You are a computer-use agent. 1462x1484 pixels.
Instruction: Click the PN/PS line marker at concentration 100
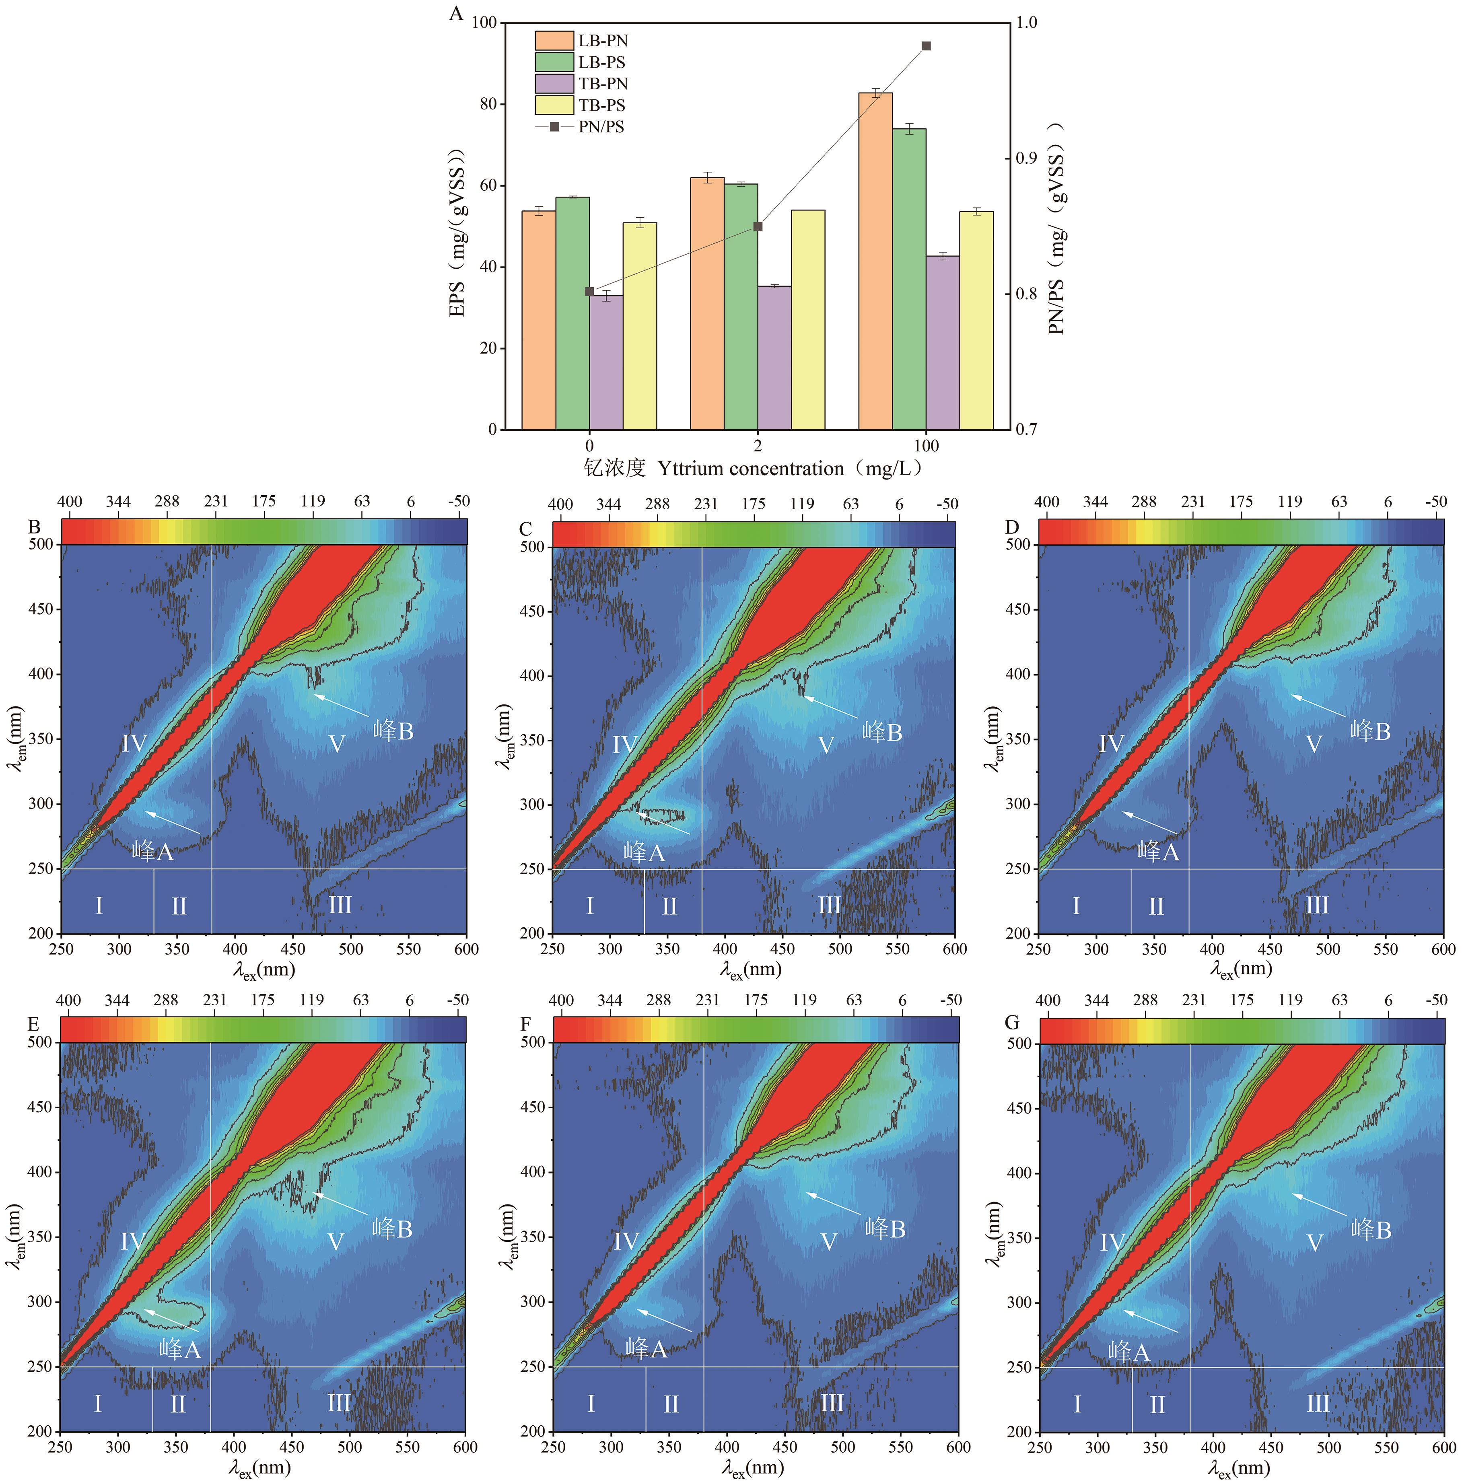click(926, 46)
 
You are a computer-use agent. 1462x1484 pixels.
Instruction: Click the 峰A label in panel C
click(643, 851)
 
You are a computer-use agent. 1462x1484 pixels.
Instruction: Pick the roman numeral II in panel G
click(1157, 1405)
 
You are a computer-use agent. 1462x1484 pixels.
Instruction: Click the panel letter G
click(1012, 1023)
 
